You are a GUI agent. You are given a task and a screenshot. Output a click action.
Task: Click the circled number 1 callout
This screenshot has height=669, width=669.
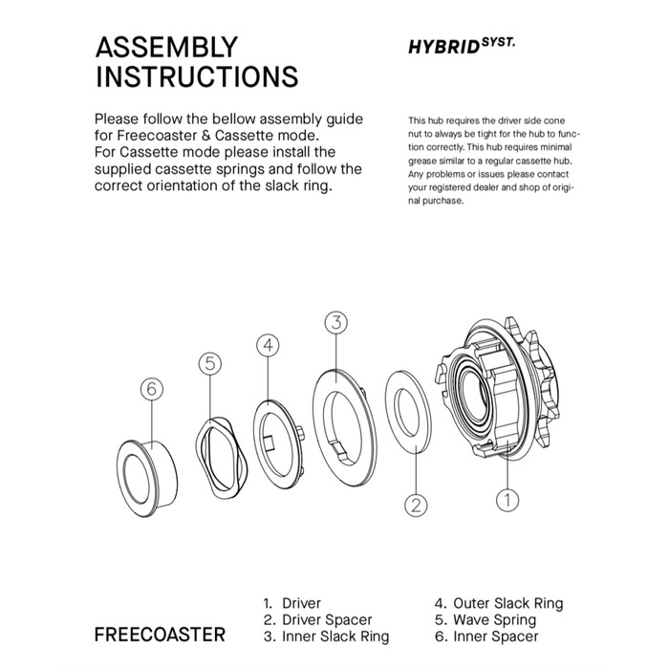[x=508, y=497]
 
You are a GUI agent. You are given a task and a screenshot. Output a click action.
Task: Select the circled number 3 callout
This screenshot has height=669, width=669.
[x=335, y=322]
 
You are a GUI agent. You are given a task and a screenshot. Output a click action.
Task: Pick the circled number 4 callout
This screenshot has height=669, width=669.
[x=270, y=344]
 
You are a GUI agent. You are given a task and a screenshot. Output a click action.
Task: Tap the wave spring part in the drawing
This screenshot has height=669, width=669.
[x=220, y=453]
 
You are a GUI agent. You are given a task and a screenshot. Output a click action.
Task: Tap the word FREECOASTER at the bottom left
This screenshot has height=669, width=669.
[x=160, y=635]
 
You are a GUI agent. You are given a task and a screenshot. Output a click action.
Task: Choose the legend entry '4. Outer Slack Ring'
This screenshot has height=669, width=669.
[x=498, y=603]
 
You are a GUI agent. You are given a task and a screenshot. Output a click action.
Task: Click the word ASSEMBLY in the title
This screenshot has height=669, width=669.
[x=166, y=48]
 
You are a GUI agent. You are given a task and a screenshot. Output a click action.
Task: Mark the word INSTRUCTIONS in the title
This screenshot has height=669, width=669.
[x=196, y=76]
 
